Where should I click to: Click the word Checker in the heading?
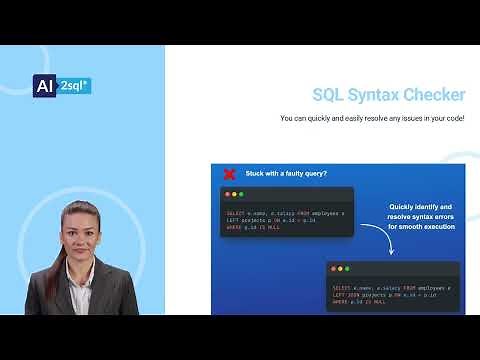[430, 95]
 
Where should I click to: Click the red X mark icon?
[229, 173]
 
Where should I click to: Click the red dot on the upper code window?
[227, 194]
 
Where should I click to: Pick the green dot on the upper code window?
[243, 194]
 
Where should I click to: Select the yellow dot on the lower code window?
[340, 269]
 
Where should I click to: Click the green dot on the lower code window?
[348, 269]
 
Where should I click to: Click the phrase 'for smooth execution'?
[422, 227]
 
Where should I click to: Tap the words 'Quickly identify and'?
[422, 208]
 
